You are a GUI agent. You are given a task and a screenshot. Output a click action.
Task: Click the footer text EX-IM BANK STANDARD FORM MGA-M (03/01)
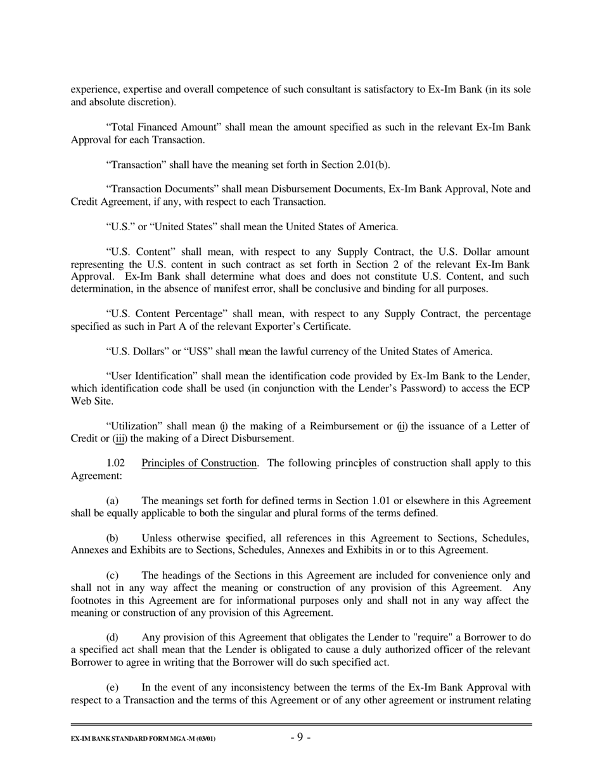(x=143, y=739)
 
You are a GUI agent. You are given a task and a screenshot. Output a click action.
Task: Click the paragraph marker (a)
(x=112, y=501)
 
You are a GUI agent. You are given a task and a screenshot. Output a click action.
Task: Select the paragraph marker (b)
(x=112, y=538)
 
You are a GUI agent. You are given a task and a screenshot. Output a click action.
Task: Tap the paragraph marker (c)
(x=112, y=576)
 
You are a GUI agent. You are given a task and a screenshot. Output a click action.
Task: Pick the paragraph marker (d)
(x=112, y=637)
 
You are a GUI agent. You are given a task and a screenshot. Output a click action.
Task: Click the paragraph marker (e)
(x=112, y=687)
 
